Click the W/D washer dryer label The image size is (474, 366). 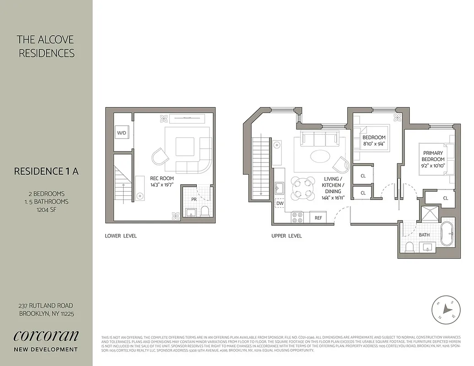(x=121, y=133)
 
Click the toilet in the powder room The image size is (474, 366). (x=205, y=211)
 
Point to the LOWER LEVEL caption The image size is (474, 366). (x=121, y=236)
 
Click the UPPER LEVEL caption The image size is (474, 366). (x=286, y=236)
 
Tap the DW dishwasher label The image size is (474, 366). (x=280, y=203)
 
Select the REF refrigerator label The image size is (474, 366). (x=318, y=218)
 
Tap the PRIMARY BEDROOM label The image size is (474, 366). (x=433, y=156)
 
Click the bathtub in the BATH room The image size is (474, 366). (x=446, y=234)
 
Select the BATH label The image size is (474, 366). (x=424, y=235)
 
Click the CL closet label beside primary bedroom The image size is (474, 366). (x=446, y=198)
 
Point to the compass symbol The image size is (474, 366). (x=446, y=310)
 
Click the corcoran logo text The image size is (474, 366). (x=46, y=335)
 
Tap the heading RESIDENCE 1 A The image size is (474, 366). (x=47, y=172)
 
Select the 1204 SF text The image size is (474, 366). (x=47, y=210)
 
